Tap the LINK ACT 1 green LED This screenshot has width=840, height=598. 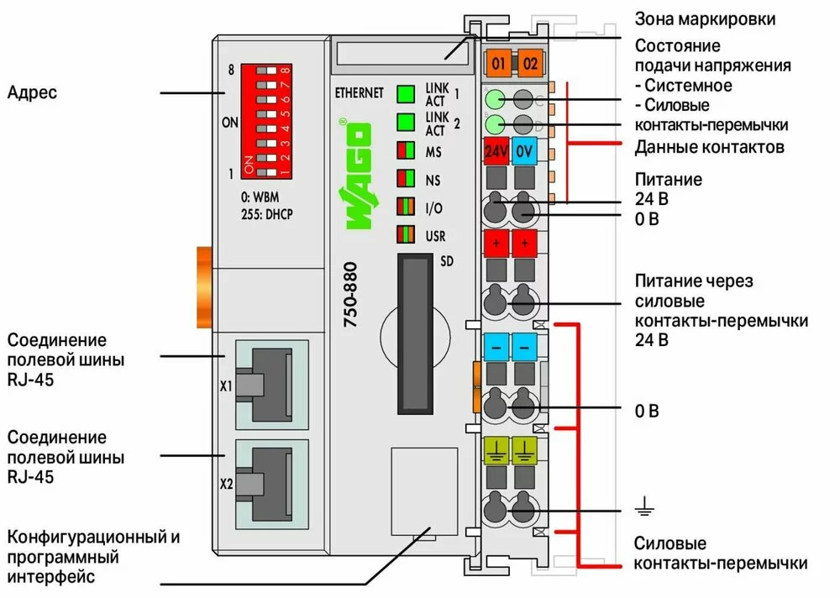(x=407, y=93)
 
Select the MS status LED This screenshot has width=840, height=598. (x=407, y=152)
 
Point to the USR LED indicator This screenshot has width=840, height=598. (x=407, y=234)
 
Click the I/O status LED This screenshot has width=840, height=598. (x=407, y=207)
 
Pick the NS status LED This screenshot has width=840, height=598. (x=407, y=179)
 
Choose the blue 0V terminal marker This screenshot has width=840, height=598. (x=525, y=152)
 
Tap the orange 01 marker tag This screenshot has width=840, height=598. (x=498, y=63)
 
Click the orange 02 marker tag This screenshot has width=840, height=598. (x=528, y=63)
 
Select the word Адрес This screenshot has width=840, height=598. (x=32, y=92)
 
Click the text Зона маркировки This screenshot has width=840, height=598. (x=705, y=18)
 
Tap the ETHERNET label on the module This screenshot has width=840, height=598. (x=358, y=92)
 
